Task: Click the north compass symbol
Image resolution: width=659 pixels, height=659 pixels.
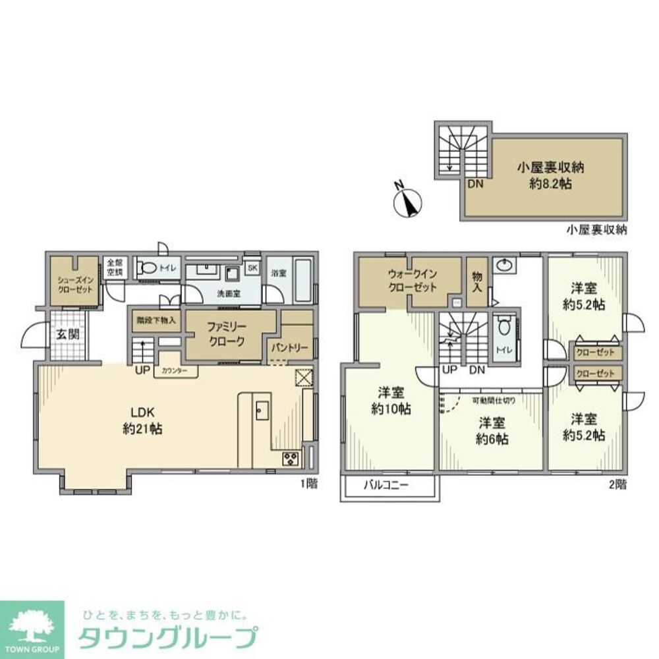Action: pyautogui.click(x=408, y=202)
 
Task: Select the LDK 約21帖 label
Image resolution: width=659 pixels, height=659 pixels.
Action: pyautogui.click(x=142, y=420)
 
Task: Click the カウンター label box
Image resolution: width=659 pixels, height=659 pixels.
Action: pyautogui.click(x=175, y=371)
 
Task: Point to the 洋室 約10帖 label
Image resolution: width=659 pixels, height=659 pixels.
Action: pyautogui.click(x=391, y=401)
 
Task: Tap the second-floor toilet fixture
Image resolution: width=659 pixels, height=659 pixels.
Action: pyautogui.click(x=504, y=327)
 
